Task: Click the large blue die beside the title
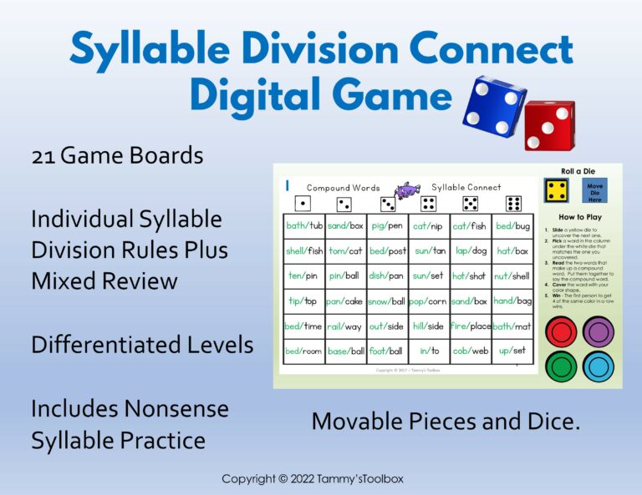click(x=494, y=104)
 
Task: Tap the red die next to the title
click(x=549, y=124)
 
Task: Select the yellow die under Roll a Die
click(x=556, y=191)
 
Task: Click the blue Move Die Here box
click(x=594, y=191)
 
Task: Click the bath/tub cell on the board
click(x=303, y=225)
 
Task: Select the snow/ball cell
click(x=386, y=301)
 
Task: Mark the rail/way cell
click(x=345, y=326)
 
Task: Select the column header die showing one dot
click(x=303, y=204)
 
